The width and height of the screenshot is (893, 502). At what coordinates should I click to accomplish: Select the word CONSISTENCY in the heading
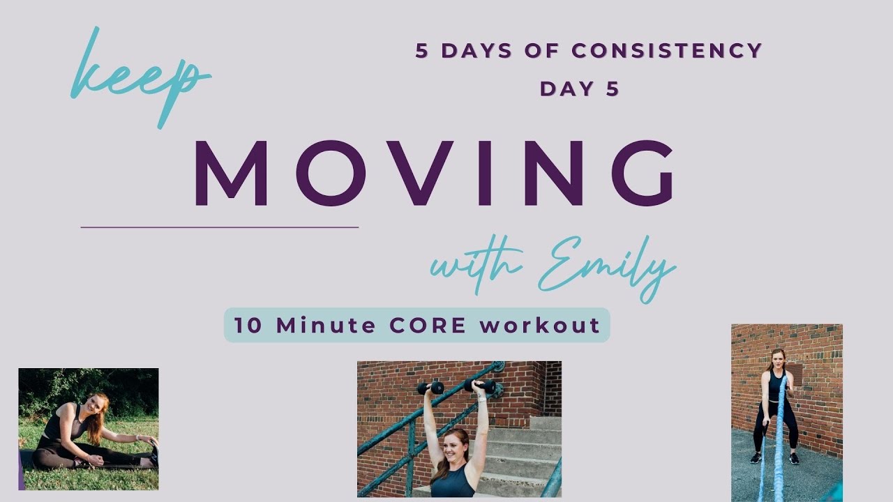(666, 51)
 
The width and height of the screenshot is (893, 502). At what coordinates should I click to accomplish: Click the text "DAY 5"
(580, 89)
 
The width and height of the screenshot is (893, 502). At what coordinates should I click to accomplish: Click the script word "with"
(474, 265)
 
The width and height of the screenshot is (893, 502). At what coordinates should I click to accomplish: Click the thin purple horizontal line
(219, 227)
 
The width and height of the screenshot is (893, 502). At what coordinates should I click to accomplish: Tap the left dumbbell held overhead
(430, 388)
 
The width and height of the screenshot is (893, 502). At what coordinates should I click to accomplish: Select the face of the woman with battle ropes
(777, 360)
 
